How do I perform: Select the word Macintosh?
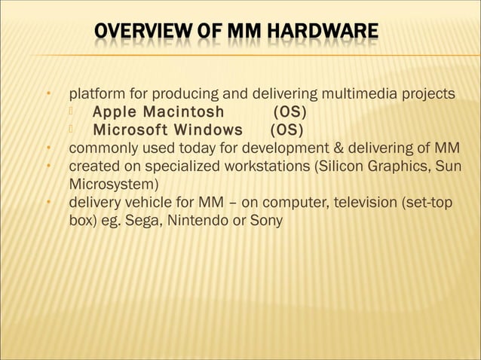(183, 112)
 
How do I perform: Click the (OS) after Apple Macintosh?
(290, 112)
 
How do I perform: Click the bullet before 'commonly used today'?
(47, 148)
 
